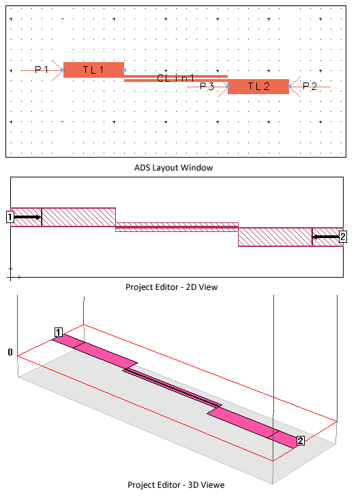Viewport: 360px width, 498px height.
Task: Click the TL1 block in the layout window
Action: pyautogui.click(x=93, y=70)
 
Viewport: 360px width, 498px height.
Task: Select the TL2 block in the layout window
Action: pyautogui.click(x=258, y=87)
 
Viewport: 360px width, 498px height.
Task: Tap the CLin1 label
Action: pyautogui.click(x=175, y=78)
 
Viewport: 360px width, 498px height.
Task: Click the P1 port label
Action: pyautogui.click(x=42, y=70)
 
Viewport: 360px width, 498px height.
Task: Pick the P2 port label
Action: pyautogui.click(x=310, y=87)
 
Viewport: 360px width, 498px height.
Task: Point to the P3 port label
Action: pyautogui.click(x=207, y=86)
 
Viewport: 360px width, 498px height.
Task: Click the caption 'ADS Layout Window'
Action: pyautogui.click(x=173, y=168)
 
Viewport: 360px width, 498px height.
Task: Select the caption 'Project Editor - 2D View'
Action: pyautogui.click(x=172, y=287)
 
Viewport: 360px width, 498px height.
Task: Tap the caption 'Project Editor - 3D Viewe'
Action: pyautogui.click(x=176, y=485)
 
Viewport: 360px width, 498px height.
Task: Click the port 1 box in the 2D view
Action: pyautogui.click(x=10, y=217)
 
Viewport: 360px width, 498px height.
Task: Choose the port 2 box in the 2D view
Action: pyautogui.click(x=343, y=237)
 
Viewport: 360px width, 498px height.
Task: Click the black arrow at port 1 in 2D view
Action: pyautogui.click(x=28, y=217)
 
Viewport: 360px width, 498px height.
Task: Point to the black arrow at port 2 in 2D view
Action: pyautogui.click(x=326, y=237)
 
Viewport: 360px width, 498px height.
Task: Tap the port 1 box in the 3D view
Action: pyautogui.click(x=59, y=332)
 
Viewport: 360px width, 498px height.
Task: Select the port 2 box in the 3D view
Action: pyautogui.click(x=300, y=441)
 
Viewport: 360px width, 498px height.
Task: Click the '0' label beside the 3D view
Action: pyautogui.click(x=10, y=352)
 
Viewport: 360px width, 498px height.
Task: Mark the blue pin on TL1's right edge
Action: pyautogui.click(x=125, y=70)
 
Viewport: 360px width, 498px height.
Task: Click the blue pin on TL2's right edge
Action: pyautogui.click(x=289, y=87)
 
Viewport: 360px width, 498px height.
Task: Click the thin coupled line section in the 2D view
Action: pyautogui.click(x=177, y=227)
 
